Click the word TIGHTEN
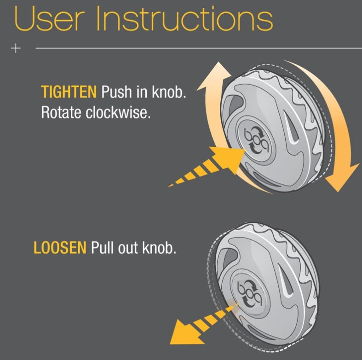69,91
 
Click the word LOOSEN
60,248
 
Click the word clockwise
118,112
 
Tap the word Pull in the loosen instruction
102,248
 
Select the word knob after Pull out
159,248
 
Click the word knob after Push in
169,91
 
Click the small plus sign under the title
16,48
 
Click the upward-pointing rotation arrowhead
215,76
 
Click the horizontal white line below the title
199,48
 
